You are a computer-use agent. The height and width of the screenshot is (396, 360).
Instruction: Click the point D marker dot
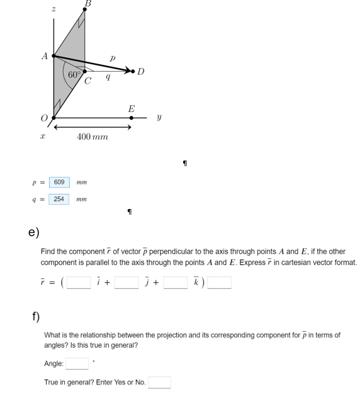(133, 71)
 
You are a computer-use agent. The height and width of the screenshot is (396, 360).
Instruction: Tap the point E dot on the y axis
(131, 117)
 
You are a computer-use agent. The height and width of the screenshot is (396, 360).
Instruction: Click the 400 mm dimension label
(93, 137)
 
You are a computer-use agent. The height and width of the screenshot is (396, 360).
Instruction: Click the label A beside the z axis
(45, 55)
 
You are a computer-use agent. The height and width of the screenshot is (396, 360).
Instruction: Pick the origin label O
(44, 118)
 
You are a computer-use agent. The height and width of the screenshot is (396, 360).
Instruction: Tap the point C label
(87, 81)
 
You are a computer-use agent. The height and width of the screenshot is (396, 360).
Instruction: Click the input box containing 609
(59, 182)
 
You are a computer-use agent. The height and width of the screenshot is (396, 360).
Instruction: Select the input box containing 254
(59, 199)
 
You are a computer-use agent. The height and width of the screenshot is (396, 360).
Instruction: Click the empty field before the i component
(79, 283)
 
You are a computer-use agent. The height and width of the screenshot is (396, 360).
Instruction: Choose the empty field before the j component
(127, 283)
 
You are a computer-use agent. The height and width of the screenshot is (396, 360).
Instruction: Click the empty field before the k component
(176, 283)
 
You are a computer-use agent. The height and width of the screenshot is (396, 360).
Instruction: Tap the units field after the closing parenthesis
(220, 283)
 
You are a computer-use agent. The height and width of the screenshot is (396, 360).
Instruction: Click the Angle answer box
(77, 364)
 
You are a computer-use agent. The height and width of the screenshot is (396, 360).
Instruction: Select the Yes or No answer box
(159, 382)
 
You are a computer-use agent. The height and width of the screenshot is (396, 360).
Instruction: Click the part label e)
(34, 232)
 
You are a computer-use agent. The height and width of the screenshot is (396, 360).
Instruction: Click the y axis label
(159, 117)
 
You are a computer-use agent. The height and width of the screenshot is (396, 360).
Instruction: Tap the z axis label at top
(53, 9)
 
